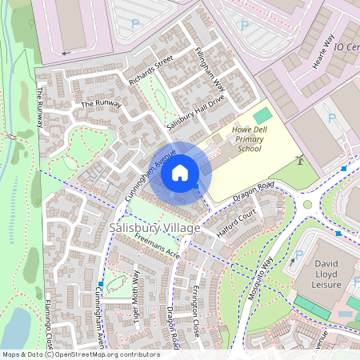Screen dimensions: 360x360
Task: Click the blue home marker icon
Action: [x=180, y=173]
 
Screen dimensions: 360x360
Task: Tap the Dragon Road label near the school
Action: [x=254, y=190]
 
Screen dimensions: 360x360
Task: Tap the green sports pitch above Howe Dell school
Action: [x=262, y=116]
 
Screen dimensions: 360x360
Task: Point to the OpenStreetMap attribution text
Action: [x=81, y=354]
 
